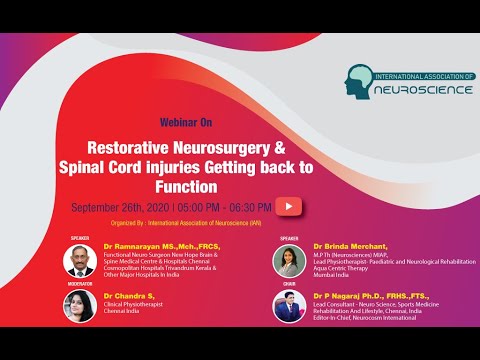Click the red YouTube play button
pyautogui.click(x=289, y=206)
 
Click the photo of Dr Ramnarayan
pyautogui.click(x=79, y=261)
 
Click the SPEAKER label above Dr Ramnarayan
pyautogui.click(x=79, y=239)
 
